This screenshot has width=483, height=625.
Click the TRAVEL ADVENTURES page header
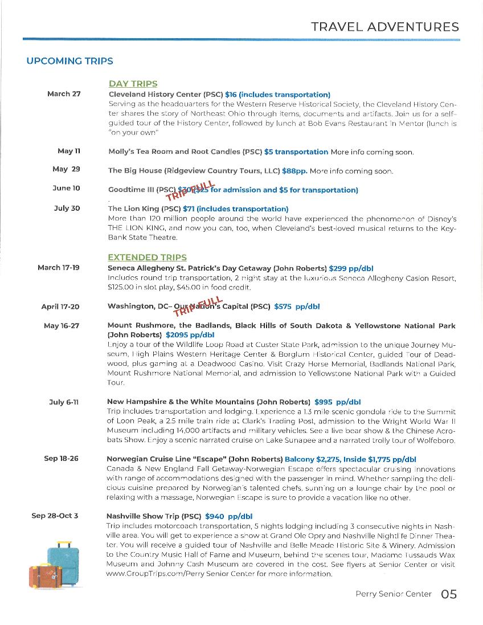pos(384,27)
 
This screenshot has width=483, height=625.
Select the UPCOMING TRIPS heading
pos(69,61)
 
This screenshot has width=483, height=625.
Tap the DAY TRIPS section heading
pos(133,84)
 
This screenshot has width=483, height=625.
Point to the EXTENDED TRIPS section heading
pos(147,258)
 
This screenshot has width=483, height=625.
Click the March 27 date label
pos(64,94)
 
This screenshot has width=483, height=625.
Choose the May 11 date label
pos(69,151)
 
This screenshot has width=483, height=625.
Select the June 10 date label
pos(67,188)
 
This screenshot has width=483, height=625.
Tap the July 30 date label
pos(67,208)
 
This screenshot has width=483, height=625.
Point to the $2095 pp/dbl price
pos(190,335)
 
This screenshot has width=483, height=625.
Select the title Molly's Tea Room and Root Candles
pos(174,152)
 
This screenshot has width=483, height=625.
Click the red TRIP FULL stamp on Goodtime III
pos(190,190)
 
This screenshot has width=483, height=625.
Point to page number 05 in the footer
pos(448,594)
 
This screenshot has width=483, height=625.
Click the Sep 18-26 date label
pos(61,459)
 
